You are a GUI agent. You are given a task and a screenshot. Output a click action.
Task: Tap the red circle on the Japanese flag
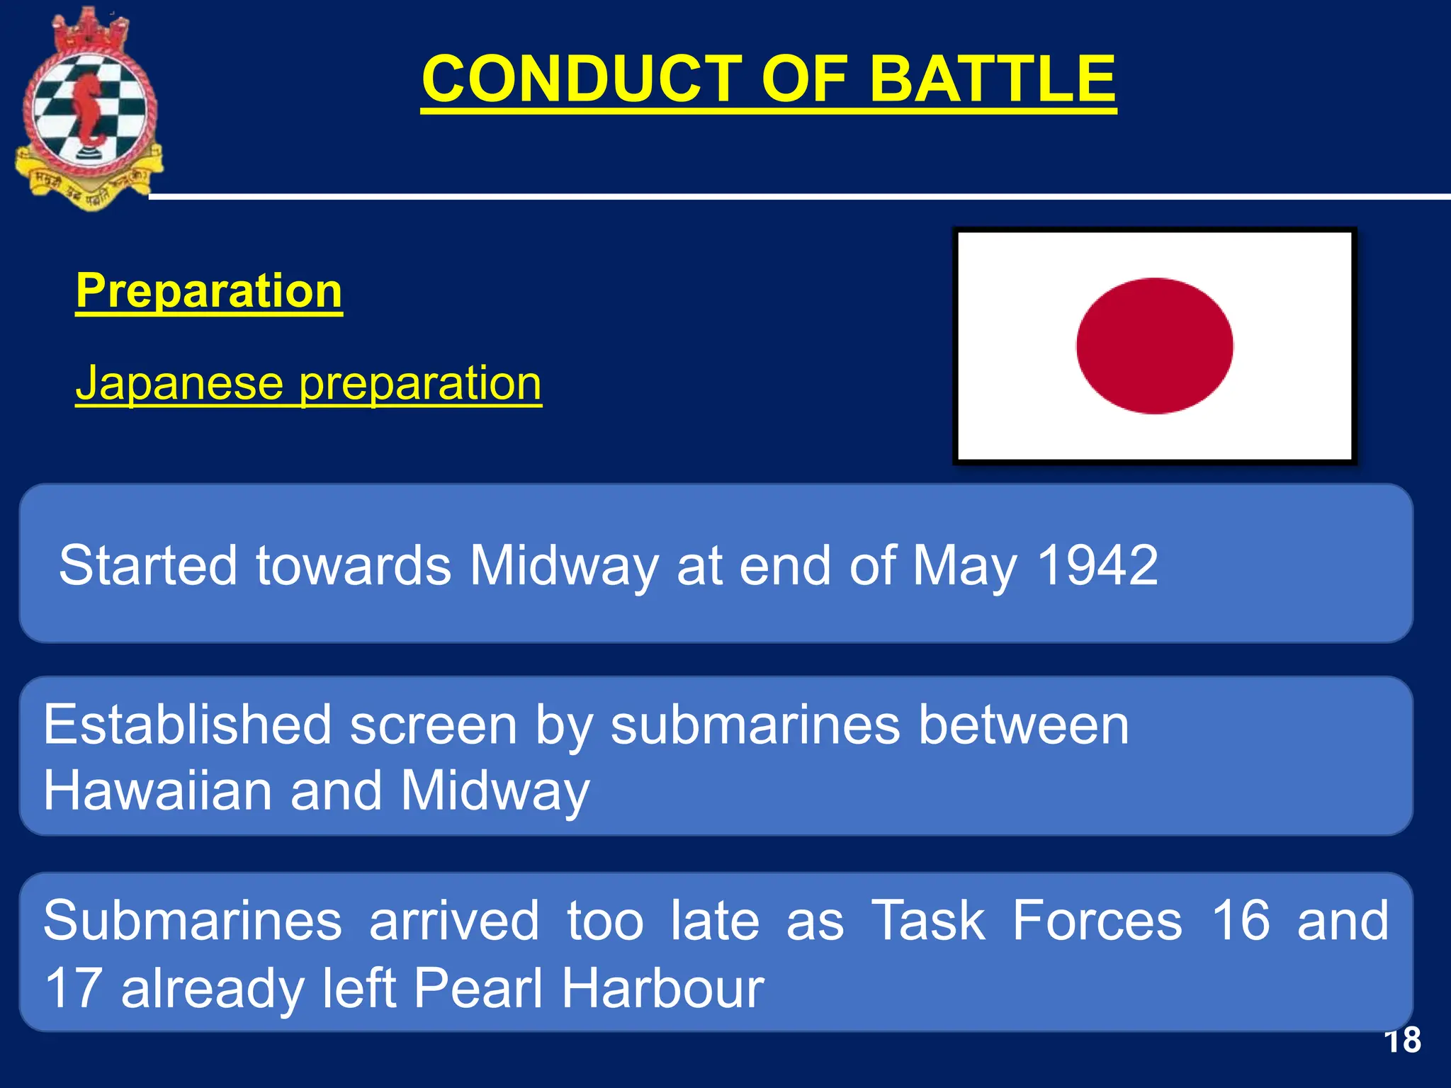[1154, 346]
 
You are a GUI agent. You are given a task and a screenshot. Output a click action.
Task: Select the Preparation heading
[209, 290]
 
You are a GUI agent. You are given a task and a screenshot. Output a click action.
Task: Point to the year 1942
[1097, 565]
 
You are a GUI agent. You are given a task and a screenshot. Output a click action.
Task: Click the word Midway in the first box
[564, 565]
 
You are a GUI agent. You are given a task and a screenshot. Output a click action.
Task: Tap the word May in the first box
[964, 565]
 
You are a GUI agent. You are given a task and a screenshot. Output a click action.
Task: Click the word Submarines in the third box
[193, 920]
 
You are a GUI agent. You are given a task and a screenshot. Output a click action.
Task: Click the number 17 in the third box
[72, 987]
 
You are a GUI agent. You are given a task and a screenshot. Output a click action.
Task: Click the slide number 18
[1402, 1041]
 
